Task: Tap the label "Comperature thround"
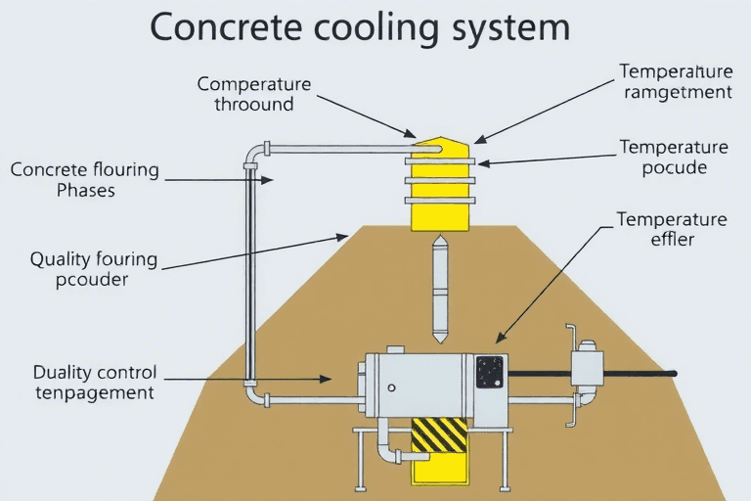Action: [x=253, y=93]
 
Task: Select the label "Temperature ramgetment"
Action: [x=675, y=81]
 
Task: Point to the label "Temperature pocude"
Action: [x=674, y=158]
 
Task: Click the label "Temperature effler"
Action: [x=671, y=228]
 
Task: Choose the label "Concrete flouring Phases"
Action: [x=85, y=179]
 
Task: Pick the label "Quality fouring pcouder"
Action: [x=94, y=269]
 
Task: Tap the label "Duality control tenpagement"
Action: [x=94, y=383]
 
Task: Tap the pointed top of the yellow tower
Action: [x=440, y=143]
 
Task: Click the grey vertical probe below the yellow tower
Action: [x=440, y=284]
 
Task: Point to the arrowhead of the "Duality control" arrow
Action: [x=331, y=378]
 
